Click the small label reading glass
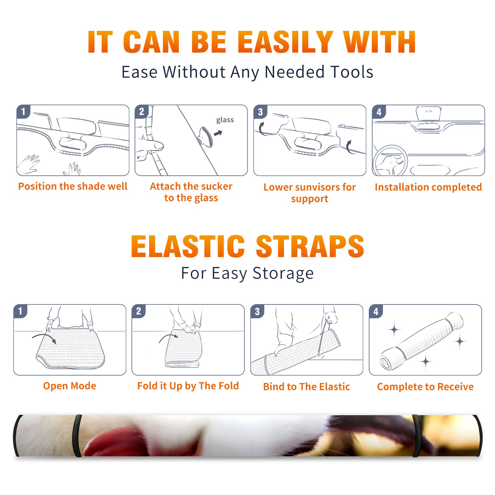225,120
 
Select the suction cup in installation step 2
205,137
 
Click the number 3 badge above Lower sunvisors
260,112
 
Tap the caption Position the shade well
73,186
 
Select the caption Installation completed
428,187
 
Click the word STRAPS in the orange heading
310,246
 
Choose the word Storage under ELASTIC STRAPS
283,273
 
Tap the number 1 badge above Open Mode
20,311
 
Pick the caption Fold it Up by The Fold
188,386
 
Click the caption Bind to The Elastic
307,387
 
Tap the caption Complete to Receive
425,387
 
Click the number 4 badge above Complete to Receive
376,311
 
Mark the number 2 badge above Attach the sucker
142,112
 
